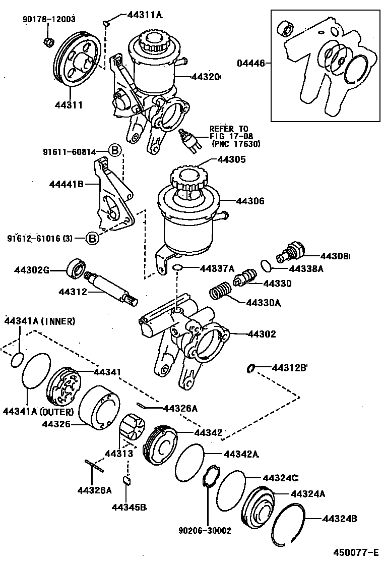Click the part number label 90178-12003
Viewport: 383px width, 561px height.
(49, 19)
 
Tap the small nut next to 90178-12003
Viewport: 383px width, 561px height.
(49, 40)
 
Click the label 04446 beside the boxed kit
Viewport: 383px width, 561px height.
(249, 64)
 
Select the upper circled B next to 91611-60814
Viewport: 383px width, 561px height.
(115, 150)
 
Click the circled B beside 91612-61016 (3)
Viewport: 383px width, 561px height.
(92, 238)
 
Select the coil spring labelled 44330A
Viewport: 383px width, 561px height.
(220, 293)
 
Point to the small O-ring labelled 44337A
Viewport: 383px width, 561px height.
(177, 267)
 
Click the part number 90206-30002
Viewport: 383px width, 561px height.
(205, 530)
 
